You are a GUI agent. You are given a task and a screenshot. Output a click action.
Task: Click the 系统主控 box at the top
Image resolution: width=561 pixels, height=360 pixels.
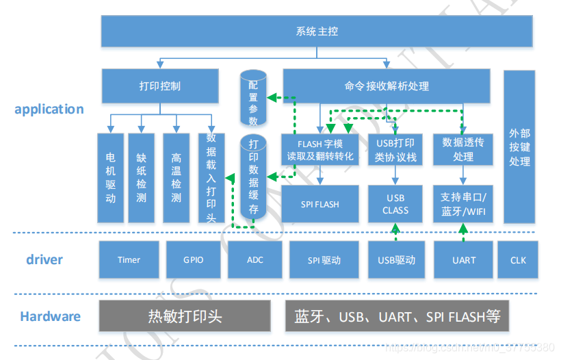[x=317, y=31]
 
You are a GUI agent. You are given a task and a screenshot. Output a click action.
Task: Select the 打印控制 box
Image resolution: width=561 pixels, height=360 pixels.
[x=159, y=86]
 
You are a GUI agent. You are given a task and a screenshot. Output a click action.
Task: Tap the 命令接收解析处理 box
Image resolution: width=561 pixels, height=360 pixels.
[x=387, y=86]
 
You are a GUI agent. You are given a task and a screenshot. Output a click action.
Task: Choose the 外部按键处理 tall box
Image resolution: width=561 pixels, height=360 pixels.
[x=519, y=147]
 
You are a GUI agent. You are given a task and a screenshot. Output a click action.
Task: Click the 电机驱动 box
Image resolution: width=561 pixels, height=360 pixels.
[x=110, y=178]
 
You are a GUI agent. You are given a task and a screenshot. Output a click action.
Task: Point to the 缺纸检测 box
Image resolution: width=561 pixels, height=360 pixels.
[x=141, y=178]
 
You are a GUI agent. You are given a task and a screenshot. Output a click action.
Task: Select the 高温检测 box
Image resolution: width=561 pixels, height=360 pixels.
[x=176, y=178]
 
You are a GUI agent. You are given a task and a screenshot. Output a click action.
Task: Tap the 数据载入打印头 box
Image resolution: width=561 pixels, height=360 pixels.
[x=211, y=178]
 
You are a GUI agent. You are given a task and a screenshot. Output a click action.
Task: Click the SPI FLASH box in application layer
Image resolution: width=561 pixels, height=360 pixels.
[x=319, y=204]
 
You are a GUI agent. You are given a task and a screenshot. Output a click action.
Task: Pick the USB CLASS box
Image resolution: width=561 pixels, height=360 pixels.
[x=395, y=204]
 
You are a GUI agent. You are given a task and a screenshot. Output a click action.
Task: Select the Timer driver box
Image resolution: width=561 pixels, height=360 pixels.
[x=129, y=260]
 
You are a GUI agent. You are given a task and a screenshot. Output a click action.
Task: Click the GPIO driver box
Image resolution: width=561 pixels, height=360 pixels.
[x=193, y=260]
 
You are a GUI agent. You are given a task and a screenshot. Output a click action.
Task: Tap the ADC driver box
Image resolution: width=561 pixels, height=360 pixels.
[x=255, y=260]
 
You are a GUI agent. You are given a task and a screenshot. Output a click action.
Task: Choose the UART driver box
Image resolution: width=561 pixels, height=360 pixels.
[x=463, y=260]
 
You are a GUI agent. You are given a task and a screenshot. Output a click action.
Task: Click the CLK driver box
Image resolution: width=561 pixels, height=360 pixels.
[x=517, y=260]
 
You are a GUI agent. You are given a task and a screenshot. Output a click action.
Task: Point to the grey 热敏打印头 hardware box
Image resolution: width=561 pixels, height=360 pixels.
[x=185, y=316]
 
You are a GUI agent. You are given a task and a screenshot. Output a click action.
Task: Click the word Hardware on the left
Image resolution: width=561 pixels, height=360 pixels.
[x=50, y=316]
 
